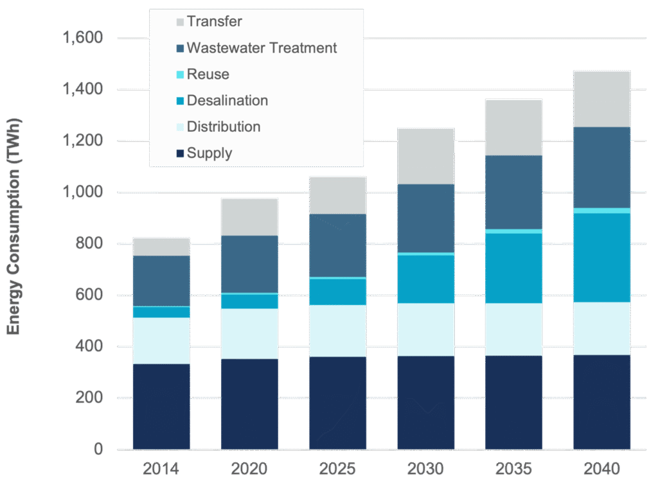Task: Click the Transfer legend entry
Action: (x=214, y=22)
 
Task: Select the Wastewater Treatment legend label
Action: (x=262, y=48)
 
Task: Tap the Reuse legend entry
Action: (x=208, y=75)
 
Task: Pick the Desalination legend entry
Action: (x=227, y=101)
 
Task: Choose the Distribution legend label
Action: (x=223, y=127)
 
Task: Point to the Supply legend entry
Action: (x=209, y=154)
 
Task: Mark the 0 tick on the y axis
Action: (x=97, y=450)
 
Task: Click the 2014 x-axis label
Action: (x=161, y=470)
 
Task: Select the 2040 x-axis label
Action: (x=601, y=470)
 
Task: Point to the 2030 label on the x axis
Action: (x=425, y=470)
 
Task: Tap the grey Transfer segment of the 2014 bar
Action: (x=161, y=247)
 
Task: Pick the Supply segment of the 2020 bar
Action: (x=249, y=403)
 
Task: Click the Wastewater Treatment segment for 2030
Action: (x=425, y=218)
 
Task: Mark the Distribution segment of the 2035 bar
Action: (x=513, y=329)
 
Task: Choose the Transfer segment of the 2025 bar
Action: (x=337, y=195)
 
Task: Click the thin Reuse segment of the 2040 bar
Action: (x=601, y=211)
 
